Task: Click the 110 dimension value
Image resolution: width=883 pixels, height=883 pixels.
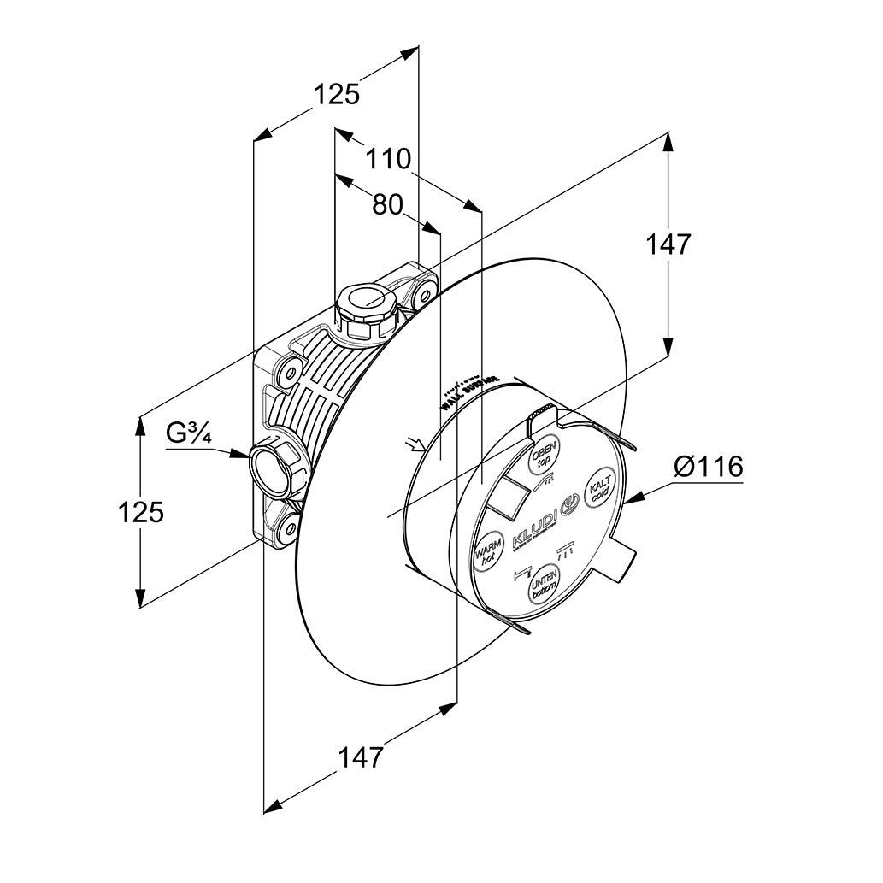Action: [x=389, y=159]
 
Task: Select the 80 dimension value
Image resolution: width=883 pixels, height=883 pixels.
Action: [x=387, y=204]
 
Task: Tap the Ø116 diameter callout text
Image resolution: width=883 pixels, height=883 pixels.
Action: [x=708, y=468]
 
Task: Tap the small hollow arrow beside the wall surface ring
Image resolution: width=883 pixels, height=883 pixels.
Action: [x=415, y=444]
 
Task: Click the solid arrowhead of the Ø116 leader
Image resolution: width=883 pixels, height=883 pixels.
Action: [x=633, y=497]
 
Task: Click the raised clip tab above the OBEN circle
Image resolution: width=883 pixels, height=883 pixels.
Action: [x=542, y=418]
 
